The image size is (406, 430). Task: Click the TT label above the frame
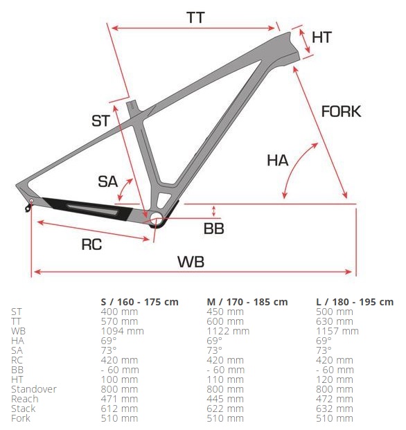click(195, 18)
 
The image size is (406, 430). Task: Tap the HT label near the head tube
click(321, 37)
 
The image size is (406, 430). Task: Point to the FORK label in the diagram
click(341, 111)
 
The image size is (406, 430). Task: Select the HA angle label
click(278, 161)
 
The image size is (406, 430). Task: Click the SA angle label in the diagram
click(108, 181)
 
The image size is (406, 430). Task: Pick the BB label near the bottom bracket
click(213, 229)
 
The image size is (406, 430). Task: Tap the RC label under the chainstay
click(91, 244)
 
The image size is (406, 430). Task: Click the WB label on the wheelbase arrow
click(191, 262)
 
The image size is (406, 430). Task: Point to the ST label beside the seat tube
click(100, 121)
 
